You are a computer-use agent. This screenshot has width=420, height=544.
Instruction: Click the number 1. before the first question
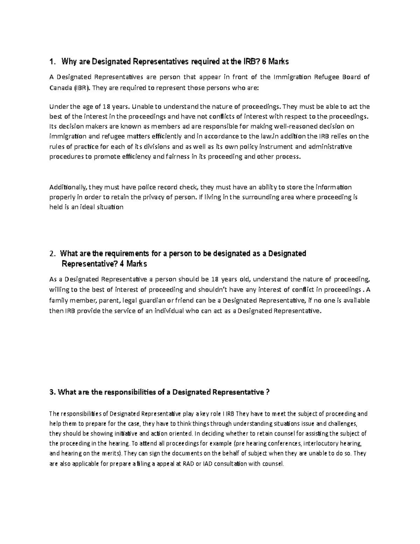click(x=52, y=62)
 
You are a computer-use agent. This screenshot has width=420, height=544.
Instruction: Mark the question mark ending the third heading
click(x=268, y=392)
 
